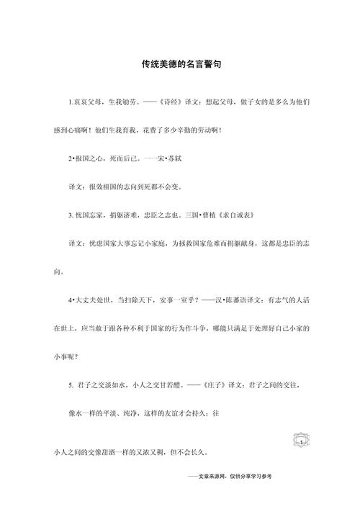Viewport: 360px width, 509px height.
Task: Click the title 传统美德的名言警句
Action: click(x=180, y=64)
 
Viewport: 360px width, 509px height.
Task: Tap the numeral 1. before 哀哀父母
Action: click(x=70, y=102)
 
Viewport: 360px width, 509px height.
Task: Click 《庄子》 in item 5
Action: click(x=206, y=384)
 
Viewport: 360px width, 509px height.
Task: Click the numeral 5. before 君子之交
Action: click(x=70, y=384)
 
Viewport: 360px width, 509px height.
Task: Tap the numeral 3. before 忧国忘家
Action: click(x=70, y=215)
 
